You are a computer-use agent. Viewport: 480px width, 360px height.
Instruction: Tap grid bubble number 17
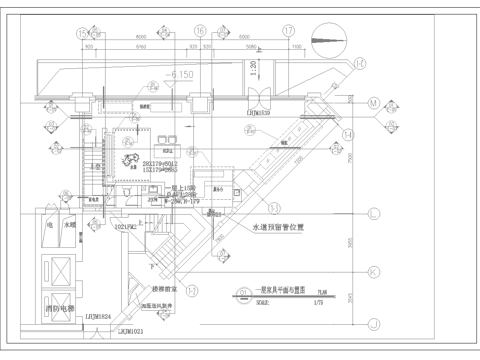pos(289,31)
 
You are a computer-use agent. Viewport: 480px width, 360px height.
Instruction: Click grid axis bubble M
pos(376,104)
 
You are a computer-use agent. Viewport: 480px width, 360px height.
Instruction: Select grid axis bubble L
pos(376,212)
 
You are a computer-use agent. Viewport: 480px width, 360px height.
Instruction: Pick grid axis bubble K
pos(376,272)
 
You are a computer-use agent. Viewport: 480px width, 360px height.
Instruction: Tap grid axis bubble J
pos(376,323)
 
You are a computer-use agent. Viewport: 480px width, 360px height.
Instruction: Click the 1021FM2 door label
pos(124,229)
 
